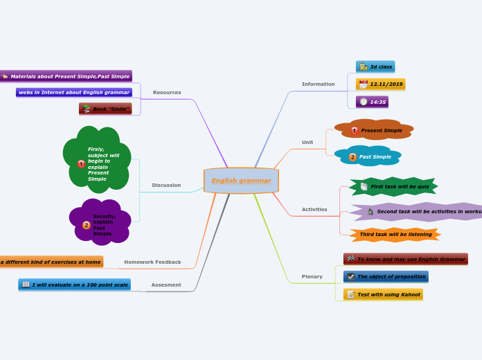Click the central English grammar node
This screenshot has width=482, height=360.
[241, 181]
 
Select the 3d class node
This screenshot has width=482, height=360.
[375, 66]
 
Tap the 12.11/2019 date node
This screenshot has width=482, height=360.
[381, 84]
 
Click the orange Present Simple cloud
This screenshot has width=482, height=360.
[375, 130]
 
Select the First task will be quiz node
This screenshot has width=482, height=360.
[394, 186]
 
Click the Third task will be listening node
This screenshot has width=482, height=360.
[395, 234]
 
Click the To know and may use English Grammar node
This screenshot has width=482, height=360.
[406, 259]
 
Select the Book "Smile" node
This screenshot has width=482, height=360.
[105, 109]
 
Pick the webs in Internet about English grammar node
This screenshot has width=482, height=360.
[74, 92]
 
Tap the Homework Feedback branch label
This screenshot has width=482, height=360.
[152, 262]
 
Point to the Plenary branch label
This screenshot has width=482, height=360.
[312, 276]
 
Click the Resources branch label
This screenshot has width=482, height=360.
[167, 92]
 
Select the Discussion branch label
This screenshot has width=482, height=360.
[166, 185]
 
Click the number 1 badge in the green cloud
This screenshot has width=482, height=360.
[82, 164]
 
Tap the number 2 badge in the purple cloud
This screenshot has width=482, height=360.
[87, 225]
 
